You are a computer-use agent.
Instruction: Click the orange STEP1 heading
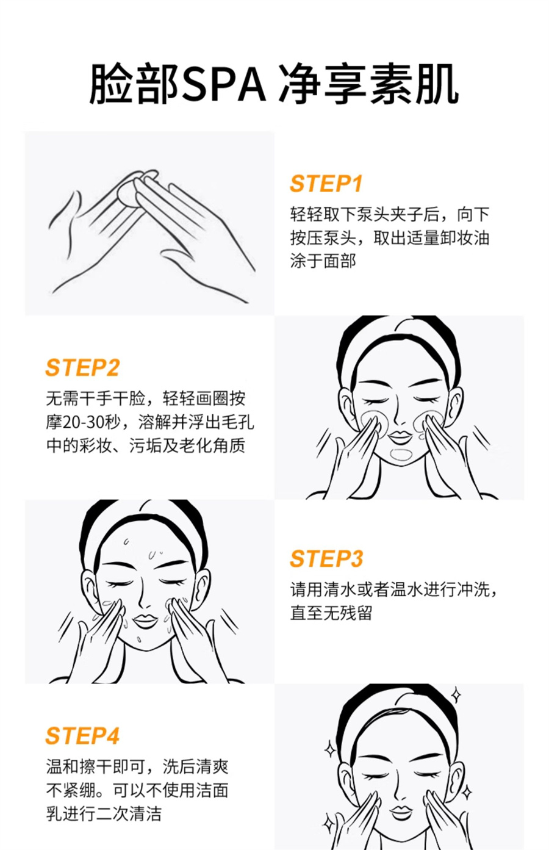(x=326, y=184)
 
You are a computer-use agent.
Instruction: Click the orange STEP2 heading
(x=82, y=367)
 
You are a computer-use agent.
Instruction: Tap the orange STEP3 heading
(x=326, y=559)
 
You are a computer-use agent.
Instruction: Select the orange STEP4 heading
(x=82, y=736)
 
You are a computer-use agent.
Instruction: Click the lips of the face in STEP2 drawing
(x=400, y=436)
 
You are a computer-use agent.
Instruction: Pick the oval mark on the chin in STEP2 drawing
(x=401, y=455)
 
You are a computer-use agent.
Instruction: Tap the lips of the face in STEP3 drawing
(x=145, y=621)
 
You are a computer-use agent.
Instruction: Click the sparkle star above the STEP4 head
(x=456, y=695)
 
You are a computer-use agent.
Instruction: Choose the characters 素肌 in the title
(x=414, y=84)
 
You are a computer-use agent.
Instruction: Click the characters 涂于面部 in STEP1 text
(x=323, y=261)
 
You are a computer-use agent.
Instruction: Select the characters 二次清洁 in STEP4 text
(x=129, y=814)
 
